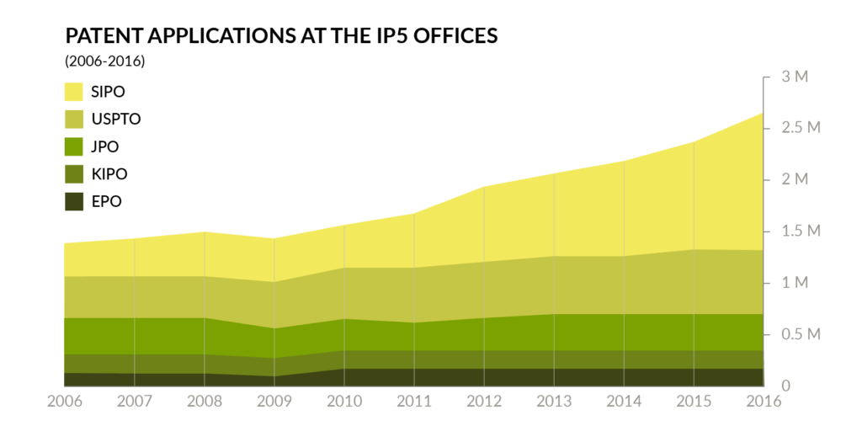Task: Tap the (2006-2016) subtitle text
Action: [104, 61]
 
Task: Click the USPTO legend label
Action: [115, 119]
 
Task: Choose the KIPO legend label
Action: [109, 174]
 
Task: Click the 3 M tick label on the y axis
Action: [795, 77]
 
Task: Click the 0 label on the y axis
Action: [786, 386]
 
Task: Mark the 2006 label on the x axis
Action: [64, 402]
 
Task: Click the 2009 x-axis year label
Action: [274, 402]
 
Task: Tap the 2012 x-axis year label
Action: [484, 402]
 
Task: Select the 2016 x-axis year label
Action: [763, 402]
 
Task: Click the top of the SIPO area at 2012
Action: [484, 187]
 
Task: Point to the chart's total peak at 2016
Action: [763, 113]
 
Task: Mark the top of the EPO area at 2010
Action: [344, 369]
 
